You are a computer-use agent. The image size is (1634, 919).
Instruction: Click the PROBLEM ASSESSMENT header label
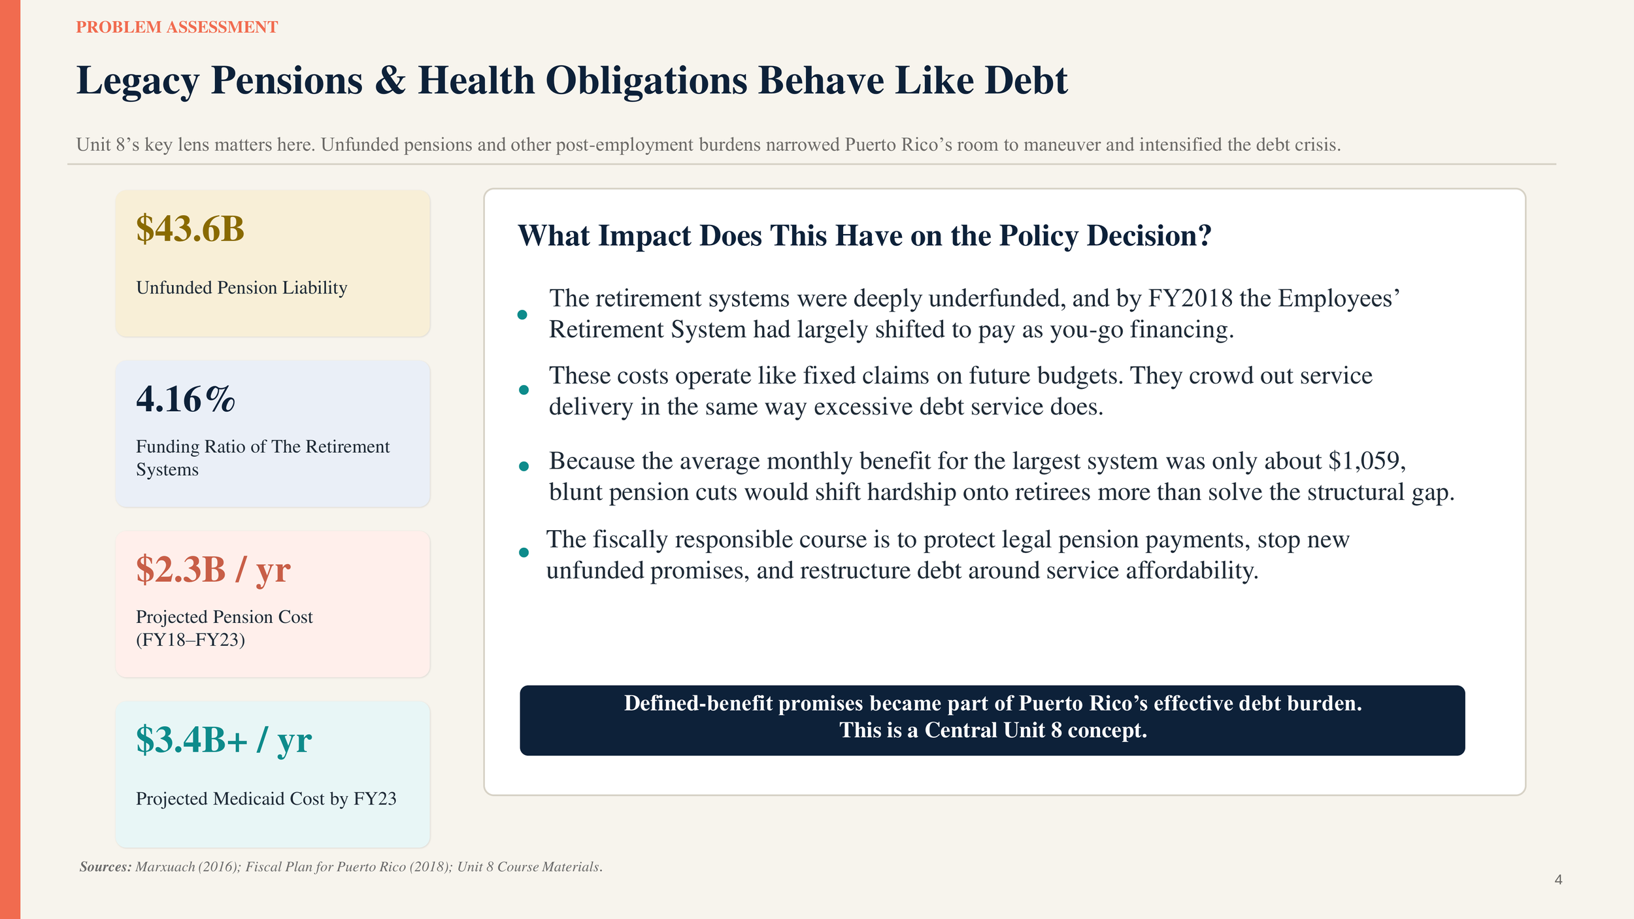click(176, 27)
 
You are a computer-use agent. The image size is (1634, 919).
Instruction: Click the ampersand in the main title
click(390, 81)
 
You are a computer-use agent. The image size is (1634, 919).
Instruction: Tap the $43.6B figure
click(190, 229)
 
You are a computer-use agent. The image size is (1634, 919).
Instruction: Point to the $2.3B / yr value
click(213, 569)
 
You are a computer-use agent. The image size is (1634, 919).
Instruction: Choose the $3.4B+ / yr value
click(224, 740)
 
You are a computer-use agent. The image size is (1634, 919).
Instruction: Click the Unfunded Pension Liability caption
click(241, 288)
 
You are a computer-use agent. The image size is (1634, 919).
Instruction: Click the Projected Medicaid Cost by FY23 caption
click(266, 799)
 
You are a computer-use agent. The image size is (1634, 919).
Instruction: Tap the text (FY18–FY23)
click(190, 639)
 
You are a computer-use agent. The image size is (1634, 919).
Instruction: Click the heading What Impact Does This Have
click(864, 236)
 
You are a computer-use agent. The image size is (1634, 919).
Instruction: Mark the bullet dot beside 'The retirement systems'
click(522, 315)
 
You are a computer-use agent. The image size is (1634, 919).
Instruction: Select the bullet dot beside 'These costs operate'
click(524, 390)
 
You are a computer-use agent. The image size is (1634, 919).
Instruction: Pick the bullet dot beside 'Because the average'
click(524, 466)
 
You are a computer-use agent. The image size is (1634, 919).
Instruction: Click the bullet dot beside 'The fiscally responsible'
click(524, 552)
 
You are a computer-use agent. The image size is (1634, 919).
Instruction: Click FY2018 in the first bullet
click(1190, 299)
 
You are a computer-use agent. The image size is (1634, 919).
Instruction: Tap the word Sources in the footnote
click(105, 867)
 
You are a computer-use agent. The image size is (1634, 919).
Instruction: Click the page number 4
click(1558, 880)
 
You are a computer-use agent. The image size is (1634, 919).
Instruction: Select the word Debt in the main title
click(1026, 81)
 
